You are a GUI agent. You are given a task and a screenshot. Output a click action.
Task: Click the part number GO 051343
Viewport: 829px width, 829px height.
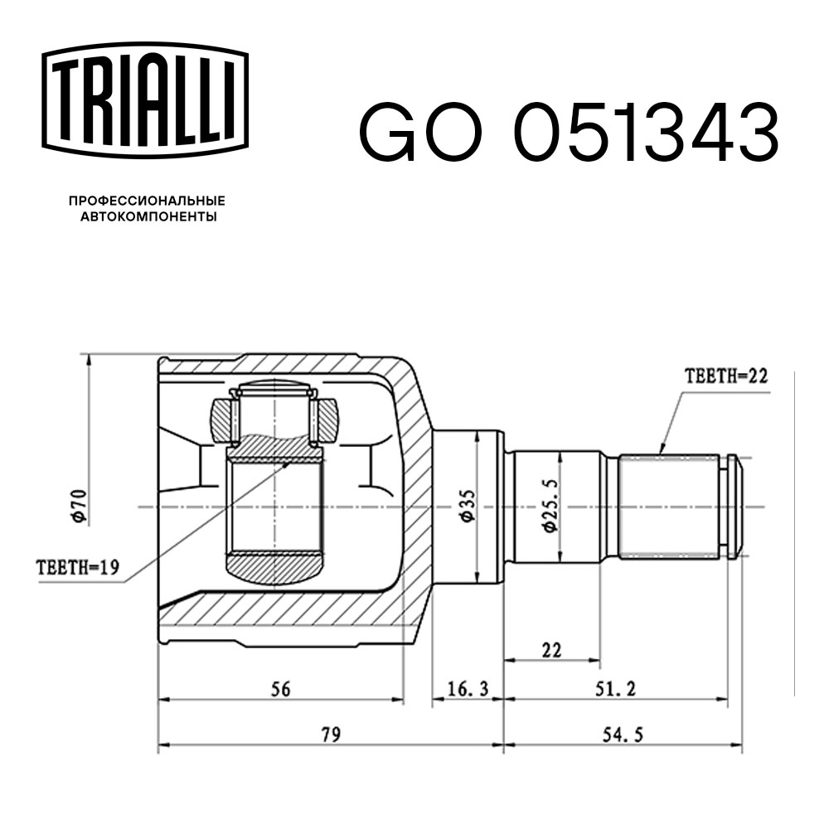pyautogui.click(x=568, y=133)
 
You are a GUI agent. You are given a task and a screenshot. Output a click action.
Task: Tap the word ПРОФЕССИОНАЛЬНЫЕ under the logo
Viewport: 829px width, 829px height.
pyautogui.click(x=147, y=201)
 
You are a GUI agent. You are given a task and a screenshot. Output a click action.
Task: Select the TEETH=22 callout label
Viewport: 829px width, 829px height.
pyautogui.click(x=726, y=376)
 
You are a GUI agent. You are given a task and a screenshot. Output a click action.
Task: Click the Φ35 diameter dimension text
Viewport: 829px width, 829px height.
pyautogui.click(x=467, y=506)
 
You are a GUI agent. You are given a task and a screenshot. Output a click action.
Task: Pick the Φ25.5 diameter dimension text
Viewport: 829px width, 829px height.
pyautogui.click(x=548, y=507)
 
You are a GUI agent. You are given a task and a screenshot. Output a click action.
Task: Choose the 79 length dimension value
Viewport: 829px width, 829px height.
pyautogui.click(x=331, y=734)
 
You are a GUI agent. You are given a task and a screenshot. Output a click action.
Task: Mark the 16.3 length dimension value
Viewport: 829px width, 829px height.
pyautogui.click(x=468, y=689)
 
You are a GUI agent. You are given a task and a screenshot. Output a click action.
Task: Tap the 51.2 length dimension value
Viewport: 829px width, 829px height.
pyautogui.click(x=614, y=689)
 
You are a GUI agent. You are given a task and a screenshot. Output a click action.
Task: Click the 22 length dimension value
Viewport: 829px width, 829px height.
pyautogui.click(x=551, y=651)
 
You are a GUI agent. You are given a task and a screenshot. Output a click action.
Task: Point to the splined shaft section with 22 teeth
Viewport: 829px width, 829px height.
pyautogui.click(x=670, y=506)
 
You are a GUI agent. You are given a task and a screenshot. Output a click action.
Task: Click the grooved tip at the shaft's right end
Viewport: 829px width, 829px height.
pyautogui.click(x=733, y=506)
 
